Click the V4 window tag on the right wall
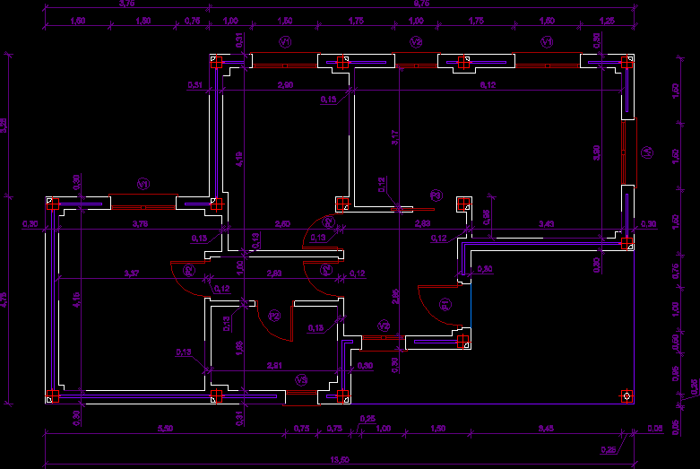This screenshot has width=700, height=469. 646,153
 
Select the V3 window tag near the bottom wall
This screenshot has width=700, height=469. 302,380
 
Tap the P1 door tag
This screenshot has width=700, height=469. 445,304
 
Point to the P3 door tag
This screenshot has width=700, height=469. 274,316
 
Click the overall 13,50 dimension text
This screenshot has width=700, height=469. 339,459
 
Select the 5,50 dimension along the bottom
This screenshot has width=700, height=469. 165,429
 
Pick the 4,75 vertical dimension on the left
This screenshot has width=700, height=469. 4,302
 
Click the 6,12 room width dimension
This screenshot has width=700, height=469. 488,85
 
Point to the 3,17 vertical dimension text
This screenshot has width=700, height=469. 393,137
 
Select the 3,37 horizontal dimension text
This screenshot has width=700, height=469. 131,273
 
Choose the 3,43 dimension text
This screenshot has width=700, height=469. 545,222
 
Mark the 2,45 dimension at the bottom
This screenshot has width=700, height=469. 545,429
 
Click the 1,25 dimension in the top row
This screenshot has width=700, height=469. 608,21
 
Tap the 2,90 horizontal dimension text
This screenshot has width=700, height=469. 285,85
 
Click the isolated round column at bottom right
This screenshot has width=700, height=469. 627,395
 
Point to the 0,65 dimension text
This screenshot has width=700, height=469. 487,216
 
